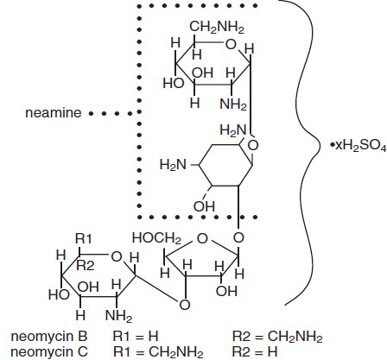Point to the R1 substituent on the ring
tap(84, 237)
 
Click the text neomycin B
tap(40, 333)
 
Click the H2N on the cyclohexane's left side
tap(173, 163)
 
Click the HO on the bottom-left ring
tap(60, 294)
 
